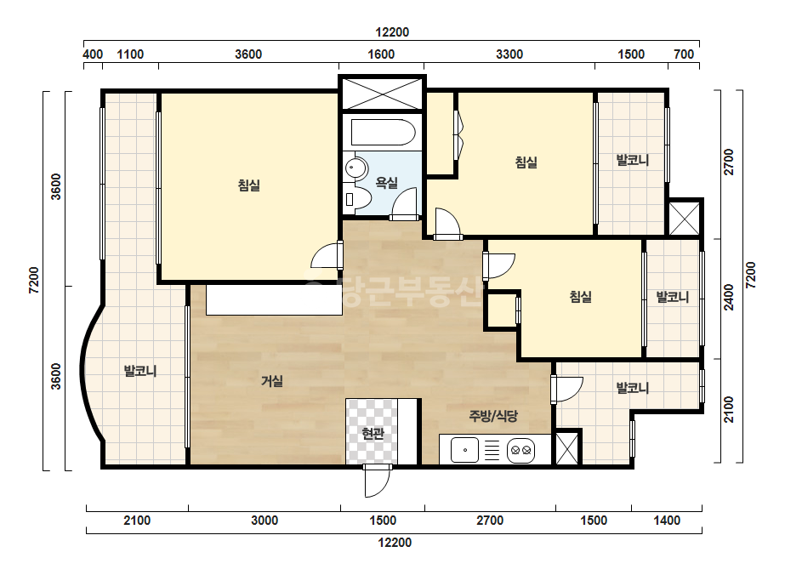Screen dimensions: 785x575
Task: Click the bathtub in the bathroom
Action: [383, 132]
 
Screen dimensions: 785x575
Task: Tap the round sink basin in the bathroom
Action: [356, 167]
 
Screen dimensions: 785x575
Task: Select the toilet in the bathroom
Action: [357, 199]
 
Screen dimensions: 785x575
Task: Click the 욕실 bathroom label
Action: [386, 183]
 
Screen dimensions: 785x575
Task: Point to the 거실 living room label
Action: [272, 381]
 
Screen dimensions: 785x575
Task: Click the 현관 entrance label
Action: [373, 433]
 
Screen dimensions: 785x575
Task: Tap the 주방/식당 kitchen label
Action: [493, 416]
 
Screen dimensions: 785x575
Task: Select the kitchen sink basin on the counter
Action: [464, 450]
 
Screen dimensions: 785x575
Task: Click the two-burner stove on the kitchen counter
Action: [520, 450]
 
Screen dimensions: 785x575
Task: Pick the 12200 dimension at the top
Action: [392, 32]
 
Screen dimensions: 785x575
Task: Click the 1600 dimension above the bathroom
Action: [381, 54]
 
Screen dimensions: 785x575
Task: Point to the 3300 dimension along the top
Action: [509, 54]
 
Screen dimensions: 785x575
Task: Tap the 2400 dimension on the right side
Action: [729, 297]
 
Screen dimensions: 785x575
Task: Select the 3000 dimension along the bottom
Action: [265, 521]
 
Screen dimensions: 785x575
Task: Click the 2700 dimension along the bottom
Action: [490, 521]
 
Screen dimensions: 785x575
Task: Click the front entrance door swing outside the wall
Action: [377, 481]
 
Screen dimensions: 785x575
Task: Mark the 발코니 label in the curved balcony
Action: [140, 371]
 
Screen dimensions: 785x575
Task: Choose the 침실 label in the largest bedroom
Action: [249, 185]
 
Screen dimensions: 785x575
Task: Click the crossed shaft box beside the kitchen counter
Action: [567, 447]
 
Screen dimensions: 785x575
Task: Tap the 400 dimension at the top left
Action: [93, 54]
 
